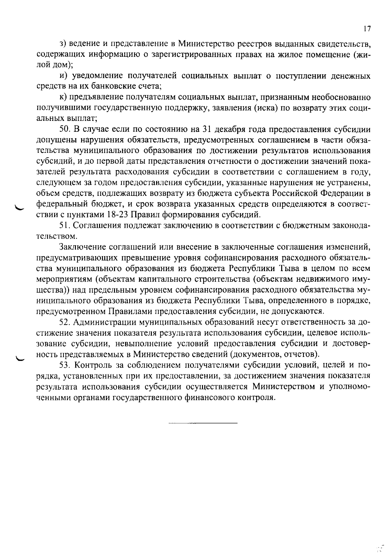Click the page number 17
tap(367, 29)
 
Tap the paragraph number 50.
tap(65, 129)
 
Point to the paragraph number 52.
tap(65, 322)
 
